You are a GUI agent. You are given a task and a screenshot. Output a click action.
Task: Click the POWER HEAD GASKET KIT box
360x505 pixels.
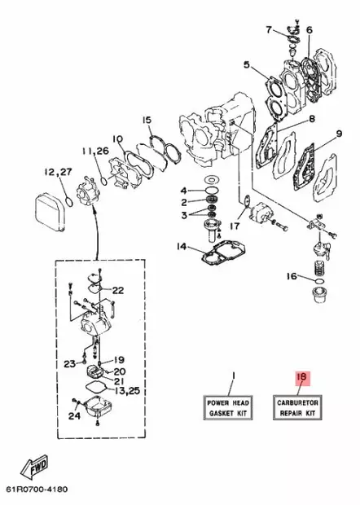229,407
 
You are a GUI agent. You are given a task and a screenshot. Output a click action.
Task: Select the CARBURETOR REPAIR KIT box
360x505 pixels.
299,407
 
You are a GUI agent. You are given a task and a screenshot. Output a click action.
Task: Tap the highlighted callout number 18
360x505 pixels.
301,377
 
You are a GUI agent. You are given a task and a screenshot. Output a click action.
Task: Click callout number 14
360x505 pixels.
182,246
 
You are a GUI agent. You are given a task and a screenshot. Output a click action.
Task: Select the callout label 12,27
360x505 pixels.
59,173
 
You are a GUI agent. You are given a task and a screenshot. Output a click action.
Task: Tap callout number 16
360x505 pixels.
291,276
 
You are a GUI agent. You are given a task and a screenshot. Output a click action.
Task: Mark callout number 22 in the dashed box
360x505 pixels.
117,290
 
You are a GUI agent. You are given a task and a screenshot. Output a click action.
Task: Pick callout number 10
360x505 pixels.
116,138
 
